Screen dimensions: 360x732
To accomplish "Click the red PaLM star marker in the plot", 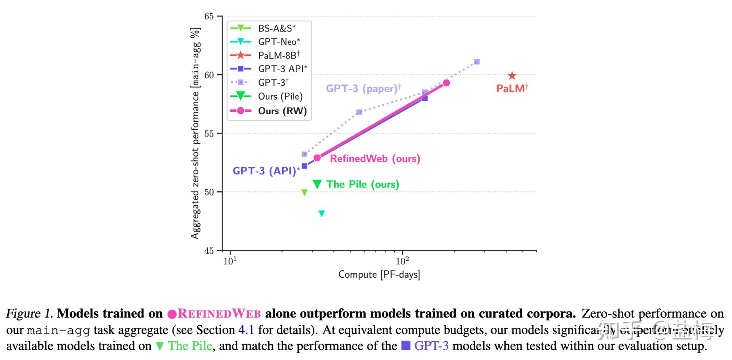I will coord(512,76).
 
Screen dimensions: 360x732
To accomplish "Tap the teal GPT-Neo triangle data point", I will coord(322,214).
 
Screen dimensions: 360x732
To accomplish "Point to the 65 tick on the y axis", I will coord(209,16).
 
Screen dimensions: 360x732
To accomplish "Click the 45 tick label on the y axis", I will coord(209,251).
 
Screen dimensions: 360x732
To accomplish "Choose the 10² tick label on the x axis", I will coord(402,261).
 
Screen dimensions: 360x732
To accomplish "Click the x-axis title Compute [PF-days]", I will coord(379,274).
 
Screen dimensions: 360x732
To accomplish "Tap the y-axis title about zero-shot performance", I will coord(195,133).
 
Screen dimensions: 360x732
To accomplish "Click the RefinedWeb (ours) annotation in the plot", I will coord(375,159).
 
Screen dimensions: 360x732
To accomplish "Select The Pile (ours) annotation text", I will coord(362,184).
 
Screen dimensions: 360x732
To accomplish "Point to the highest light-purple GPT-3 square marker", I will coord(477,62).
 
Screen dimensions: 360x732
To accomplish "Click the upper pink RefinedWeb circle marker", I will coord(446,83).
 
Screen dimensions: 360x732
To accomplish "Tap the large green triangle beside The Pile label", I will coord(317,184).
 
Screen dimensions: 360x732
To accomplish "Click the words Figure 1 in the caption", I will coord(29,313).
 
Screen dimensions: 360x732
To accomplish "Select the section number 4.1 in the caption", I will coord(246,330).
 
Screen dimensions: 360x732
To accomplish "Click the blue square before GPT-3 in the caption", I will coord(406,345).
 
